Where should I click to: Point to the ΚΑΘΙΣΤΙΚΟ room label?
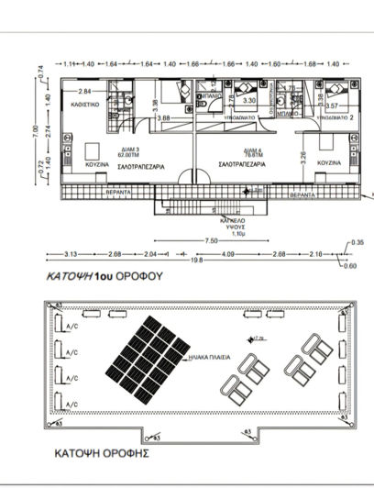point(86,105)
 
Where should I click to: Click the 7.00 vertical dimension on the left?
point(38,133)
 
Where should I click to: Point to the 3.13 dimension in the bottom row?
point(71,253)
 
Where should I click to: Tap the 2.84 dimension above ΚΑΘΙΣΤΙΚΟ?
point(84,92)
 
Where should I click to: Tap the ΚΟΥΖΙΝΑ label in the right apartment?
point(328,162)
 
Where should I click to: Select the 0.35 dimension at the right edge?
point(357,241)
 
